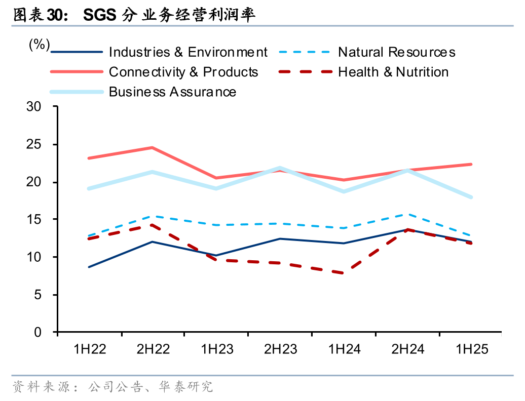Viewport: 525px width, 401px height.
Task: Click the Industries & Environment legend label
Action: click(x=188, y=52)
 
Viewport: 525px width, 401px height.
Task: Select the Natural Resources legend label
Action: click(x=396, y=52)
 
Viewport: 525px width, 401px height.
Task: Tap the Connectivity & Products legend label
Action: click(x=183, y=72)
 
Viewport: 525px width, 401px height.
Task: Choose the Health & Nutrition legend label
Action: click(x=393, y=72)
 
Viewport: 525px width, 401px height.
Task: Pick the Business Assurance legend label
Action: click(x=172, y=92)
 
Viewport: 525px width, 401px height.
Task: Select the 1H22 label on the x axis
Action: click(x=90, y=349)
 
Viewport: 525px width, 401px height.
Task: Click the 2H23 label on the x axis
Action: click(x=281, y=349)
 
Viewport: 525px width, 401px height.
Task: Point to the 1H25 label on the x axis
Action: click(x=472, y=349)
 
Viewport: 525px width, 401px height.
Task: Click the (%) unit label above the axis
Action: click(x=39, y=45)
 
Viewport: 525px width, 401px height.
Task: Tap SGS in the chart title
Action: click(x=99, y=15)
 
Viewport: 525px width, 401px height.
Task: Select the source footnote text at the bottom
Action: click(x=113, y=387)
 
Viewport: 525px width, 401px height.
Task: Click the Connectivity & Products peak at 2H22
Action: click(x=152, y=147)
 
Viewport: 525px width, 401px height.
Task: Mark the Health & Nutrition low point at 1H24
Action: click(x=344, y=273)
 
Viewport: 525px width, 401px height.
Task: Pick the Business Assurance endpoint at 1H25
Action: click(x=471, y=197)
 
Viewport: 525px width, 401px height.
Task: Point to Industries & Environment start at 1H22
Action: click(x=89, y=267)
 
